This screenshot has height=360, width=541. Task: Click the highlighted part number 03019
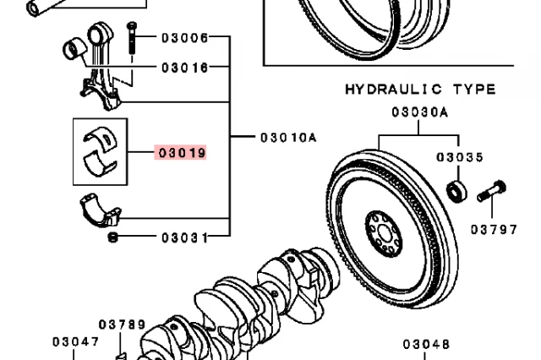click(x=182, y=152)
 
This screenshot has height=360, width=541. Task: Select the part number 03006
click(x=185, y=37)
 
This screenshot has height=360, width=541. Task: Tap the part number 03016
click(x=185, y=68)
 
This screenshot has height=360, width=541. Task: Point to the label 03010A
click(x=288, y=138)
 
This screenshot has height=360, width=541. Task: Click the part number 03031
click(x=185, y=237)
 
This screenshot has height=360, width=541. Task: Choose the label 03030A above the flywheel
click(x=419, y=112)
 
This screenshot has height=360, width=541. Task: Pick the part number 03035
click(x=460, y=157)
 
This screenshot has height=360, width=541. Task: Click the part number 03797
click(x=494, y=229)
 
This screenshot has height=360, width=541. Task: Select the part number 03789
click(x=122, y=325)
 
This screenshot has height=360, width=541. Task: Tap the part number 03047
click(x=76, y=341)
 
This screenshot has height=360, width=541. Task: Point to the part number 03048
click(x=426, y=344)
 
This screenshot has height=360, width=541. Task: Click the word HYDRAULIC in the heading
click(x=393, y=90)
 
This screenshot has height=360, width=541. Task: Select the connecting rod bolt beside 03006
click(x=132, y=38)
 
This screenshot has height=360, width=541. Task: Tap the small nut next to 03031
click(x=112, y=237)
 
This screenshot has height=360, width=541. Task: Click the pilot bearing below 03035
click(x=456, y=191)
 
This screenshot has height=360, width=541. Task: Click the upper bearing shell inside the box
click(x=101, y=139)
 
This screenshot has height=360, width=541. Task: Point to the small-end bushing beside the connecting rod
click(x=74, y=48)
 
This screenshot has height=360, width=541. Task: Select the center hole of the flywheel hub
click(x=384, y=234)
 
